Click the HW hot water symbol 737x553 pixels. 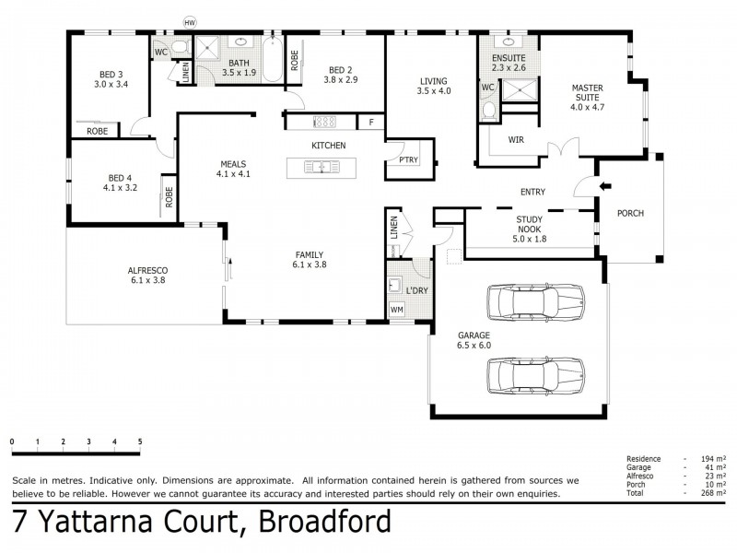click(x=191, y=21)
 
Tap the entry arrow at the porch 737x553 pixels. click(x=604, y=187)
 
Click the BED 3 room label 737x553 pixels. click(x=113, y=76)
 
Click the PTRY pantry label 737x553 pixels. click(x=408, y=159)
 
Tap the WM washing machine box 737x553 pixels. click(x=397, y=310)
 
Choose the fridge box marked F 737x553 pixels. click(x=370, y=122)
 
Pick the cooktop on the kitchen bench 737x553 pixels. click(x=325, y=121)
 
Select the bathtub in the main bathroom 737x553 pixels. click(x=272, y=60)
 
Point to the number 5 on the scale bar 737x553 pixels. click(x=140, y=442)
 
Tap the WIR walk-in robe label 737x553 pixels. click(x=517, y=141)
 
